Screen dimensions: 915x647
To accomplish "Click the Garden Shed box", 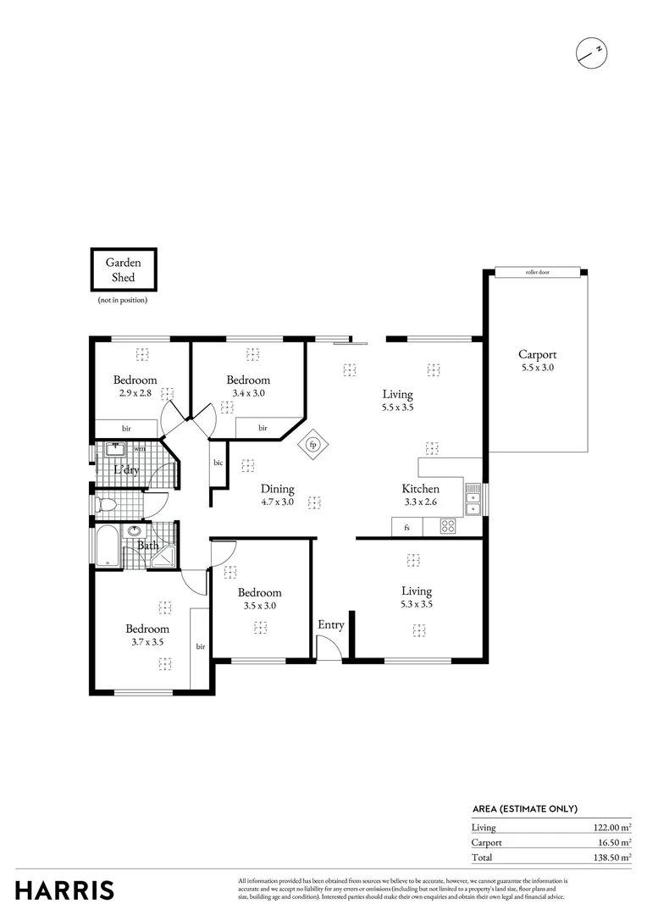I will (124, 270).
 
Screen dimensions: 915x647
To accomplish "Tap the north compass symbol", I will (589, 53).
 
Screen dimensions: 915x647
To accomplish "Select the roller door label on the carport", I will (538, 273).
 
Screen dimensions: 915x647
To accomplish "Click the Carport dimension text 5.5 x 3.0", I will (538, 369).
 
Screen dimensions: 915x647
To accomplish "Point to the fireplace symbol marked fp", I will (312, 445).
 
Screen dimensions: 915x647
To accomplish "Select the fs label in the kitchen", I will (406, 528).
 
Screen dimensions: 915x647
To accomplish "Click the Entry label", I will (330, 625).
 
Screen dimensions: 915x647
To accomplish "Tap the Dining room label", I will (277, 489).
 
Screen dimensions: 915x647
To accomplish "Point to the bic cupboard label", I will (218, 463).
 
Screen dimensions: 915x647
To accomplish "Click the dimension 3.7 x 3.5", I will (147, 642).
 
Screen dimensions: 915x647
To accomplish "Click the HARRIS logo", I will (64, 890).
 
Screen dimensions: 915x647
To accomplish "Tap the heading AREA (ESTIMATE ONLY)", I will (524, 809).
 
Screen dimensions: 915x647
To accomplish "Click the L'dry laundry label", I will (127, 470).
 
